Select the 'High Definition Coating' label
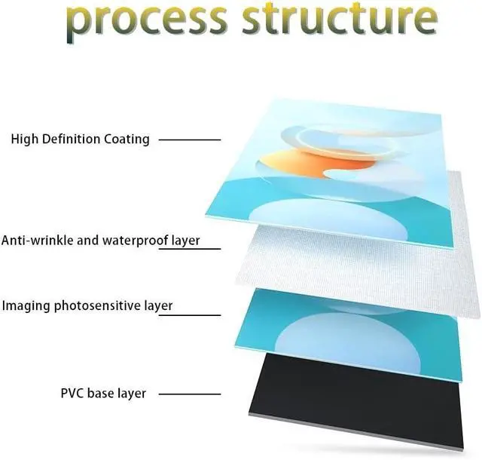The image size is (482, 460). point(80,139)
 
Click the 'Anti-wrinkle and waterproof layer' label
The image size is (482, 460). point(100,241)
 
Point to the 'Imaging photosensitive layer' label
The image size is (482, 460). point(87,305)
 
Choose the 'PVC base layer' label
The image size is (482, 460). point(103,393)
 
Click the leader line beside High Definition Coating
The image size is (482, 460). point(190,140)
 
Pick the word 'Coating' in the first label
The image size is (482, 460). point(128,140)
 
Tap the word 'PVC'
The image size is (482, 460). point(72,393)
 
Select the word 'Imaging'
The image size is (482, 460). point(23,306)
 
